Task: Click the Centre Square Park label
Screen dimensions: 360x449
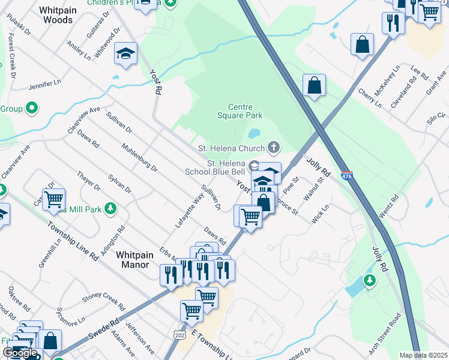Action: [240, 111]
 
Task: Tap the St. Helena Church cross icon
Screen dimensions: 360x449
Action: [274, 148]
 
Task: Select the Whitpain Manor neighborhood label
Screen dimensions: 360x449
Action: [139, 259]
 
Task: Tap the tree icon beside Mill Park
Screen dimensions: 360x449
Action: [110, 208]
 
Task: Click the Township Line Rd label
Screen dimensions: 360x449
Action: [73, 239]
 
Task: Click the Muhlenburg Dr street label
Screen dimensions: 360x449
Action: [139, 157]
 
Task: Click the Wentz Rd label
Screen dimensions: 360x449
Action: [389, 206]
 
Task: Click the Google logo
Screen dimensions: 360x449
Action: [20, 353]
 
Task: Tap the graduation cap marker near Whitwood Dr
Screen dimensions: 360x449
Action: [126, 53]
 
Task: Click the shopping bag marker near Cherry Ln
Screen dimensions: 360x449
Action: [315, 85]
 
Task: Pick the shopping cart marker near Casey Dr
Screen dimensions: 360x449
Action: [53, 199]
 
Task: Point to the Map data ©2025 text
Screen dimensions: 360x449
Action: [423, 355]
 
